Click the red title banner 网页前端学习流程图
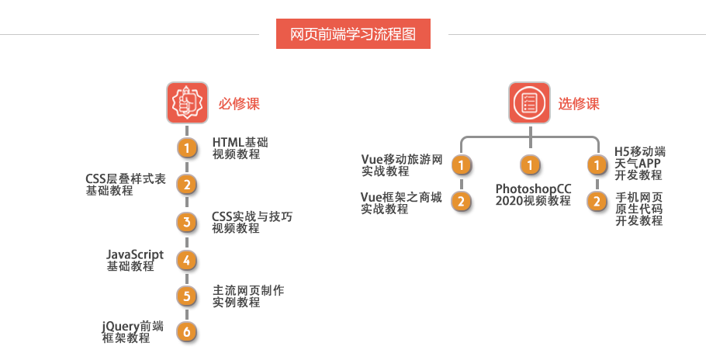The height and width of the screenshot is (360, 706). pos(353,34)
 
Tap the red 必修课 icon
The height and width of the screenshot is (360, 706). pos(187,102)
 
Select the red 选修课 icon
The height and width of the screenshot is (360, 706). pos(530,102)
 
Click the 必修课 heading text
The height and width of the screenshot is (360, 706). pos(238,103)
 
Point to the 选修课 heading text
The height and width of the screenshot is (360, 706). pos(579,103)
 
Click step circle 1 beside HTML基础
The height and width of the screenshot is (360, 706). pos(186,147)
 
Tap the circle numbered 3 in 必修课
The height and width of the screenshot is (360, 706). pos(186,223)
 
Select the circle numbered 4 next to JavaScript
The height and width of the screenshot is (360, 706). pos(186,260)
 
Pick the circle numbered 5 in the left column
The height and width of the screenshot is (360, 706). pos(186,296)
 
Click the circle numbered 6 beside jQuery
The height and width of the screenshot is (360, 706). pos(186,331)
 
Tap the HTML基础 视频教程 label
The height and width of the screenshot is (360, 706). pos(240,148)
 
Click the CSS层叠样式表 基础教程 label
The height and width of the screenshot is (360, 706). pos(126,185)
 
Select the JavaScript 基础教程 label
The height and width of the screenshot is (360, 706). pos(135,260)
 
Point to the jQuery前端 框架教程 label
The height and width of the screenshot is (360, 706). pos(133,332)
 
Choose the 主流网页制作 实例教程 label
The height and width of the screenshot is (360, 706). pos(248,296)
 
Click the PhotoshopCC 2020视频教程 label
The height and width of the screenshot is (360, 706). pos(533,195)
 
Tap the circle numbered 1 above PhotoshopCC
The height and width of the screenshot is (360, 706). pos(530,165)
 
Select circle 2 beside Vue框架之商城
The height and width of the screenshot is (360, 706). pos(462,202)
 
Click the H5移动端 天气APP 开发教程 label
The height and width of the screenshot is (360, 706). pos(640,163)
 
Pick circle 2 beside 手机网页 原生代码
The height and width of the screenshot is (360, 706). pos(597,202)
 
